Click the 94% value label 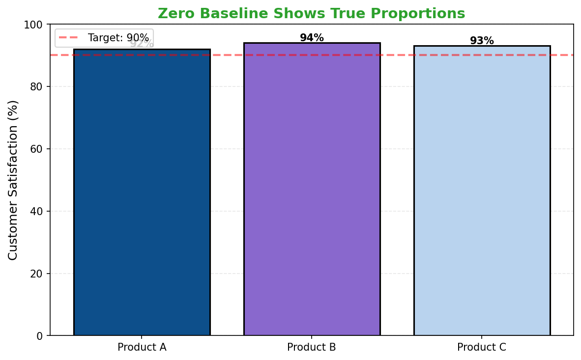coord(312,38)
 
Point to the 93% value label coord(482,41)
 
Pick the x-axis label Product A coord(142,347)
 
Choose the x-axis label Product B coord(312,347)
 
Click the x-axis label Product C coord(482,347)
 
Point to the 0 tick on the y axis coord(40,336)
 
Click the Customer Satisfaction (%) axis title coord(13,180)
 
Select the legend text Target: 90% coord(118,38)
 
